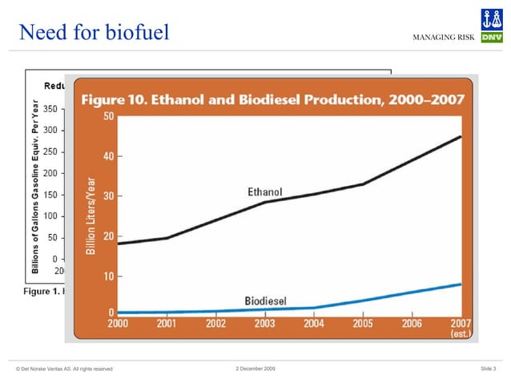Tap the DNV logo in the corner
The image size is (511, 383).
click(x=491, y=28)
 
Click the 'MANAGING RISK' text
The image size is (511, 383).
click(x=445, y=38)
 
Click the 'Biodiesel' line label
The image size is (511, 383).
click(x=265, y=301)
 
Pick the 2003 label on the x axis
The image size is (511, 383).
click(x=264, y=323)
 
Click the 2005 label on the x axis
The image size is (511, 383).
click(x=363, y=323)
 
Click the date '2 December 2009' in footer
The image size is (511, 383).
click(x=255, y=368)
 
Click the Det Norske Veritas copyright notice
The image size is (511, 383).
click(x=64, y=369)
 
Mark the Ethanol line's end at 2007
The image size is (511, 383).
click(x=461, y=136)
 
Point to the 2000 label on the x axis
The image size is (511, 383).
click(x=119, y=323)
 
